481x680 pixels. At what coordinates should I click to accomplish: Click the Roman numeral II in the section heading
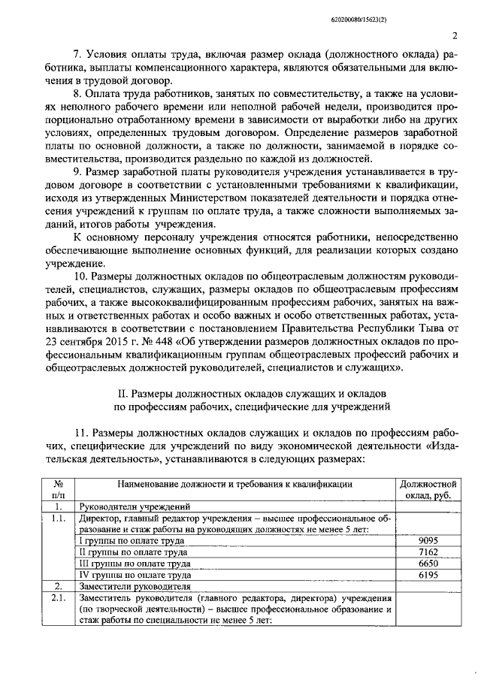tap(125, 394)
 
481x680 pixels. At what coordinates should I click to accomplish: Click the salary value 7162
tap(428, 552)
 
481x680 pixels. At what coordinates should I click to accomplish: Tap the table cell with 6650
tap(428, 563)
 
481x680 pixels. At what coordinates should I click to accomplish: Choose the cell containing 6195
tap(428, 574)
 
